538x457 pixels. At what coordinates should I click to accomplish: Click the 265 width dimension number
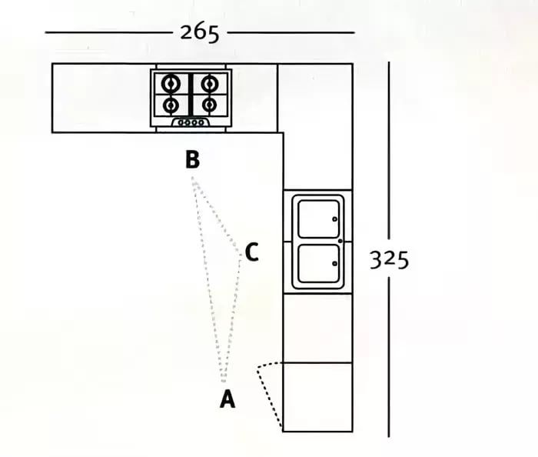(199, 33)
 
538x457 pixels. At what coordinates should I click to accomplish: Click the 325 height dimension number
(390, 259)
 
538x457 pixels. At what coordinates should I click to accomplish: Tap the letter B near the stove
(192, 159)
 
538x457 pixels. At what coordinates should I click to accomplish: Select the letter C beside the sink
(252, 252)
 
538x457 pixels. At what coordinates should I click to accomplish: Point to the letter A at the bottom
(227, 399)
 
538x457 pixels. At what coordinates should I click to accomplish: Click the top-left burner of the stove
(171, 83)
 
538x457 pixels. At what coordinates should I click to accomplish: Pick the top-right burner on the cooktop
(210, 83)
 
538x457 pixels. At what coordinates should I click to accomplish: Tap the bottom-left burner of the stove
(171, 105)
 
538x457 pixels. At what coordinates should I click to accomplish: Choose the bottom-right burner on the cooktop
(210, 105)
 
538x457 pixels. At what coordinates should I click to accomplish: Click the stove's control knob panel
(191, 122)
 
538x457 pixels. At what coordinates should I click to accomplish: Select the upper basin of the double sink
(319, 218)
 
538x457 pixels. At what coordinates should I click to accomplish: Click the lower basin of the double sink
(319, 263)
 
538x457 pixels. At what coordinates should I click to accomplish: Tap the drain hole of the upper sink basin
(334, 219)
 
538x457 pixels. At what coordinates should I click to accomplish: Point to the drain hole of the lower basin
(334, 263)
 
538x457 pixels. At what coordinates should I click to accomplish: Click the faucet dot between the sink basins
(340, 241)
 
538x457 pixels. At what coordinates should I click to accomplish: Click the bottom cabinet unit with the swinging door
(317, 397)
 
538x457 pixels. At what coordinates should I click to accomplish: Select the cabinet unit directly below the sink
(317, 329)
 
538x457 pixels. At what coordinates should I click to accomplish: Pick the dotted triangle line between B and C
(216, 215)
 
